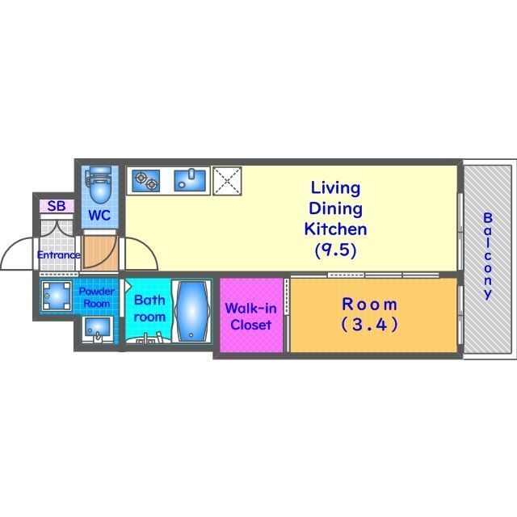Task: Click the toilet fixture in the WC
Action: click(99, 185)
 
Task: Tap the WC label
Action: click(99, 216)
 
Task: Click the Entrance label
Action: click(58, 255)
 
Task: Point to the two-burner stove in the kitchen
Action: click(146, 179)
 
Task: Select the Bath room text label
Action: click(149, 308)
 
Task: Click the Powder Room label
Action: click(96, 296)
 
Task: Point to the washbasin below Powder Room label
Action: click(98, 329)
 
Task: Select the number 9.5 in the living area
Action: click(335, 250)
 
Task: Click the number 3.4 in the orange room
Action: click(369, 326)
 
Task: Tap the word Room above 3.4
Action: click(369, 305)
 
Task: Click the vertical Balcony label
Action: click(487, 255)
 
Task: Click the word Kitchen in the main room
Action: click(335, 229)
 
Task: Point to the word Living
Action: click(335, 187)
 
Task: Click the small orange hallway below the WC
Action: click(100, 253)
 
